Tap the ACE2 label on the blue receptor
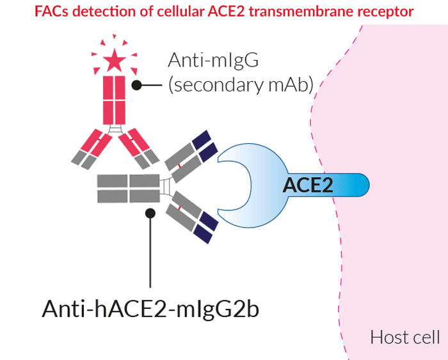tap(308, 185)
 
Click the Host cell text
tap(404, 337)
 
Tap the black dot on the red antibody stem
tap(136, 85)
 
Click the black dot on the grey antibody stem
tap(150, 213)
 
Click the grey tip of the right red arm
tap(149, 157)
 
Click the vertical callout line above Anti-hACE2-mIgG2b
tap(150, 256)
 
